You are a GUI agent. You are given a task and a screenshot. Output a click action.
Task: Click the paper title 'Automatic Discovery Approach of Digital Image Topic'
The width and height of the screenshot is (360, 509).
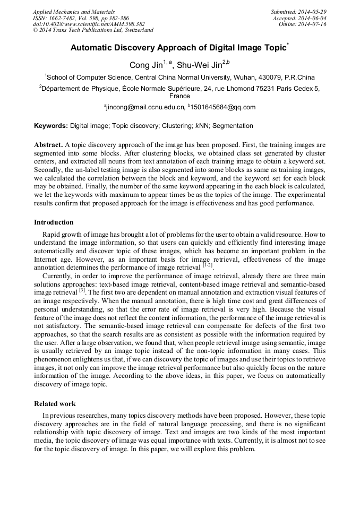click(x=178, y=48)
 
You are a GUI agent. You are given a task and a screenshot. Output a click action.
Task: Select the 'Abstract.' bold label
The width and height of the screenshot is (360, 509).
click(x=48, y=144)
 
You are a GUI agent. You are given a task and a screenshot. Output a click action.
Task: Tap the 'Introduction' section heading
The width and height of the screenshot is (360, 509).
click(x=54, y=222)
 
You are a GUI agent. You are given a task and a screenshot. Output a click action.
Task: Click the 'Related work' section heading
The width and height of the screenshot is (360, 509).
click(x=55, y=403)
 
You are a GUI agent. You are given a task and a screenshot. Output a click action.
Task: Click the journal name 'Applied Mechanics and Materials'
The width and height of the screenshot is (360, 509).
click(x=74, y=12)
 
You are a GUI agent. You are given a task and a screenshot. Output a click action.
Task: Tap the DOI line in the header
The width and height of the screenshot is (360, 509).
click(x=89, y=24)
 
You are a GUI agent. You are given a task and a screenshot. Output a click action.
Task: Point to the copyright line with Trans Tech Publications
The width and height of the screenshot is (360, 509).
click(x=93, y=31)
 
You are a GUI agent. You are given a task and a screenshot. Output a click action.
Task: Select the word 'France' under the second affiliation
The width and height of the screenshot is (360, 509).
click(x=179, y=97)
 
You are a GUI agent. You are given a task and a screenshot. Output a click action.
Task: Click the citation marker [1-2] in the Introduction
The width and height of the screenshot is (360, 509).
click(x=208, y=266)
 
